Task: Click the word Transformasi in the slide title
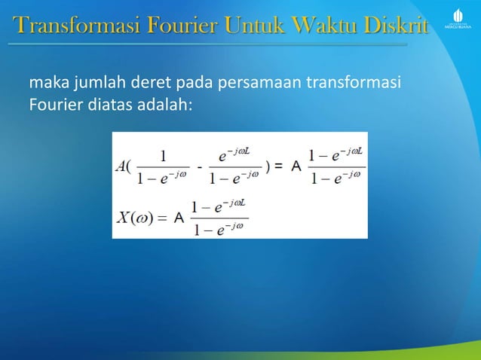pos(63,27)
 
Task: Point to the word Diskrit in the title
pos(396,27)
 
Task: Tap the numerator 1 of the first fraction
pos(164,157)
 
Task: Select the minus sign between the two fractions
pos(199,167)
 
